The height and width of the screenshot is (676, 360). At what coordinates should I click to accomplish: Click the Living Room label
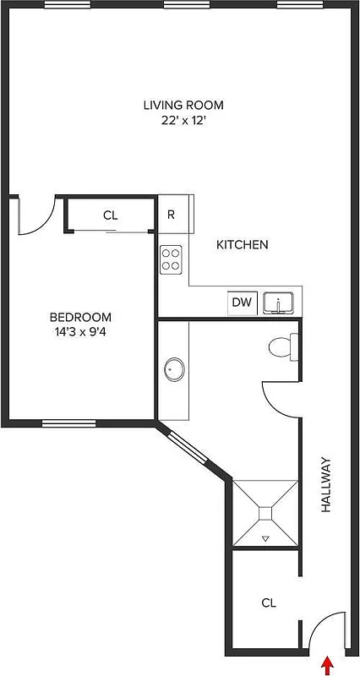pos(183,105)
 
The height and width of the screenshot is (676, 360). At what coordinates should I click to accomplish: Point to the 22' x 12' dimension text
pos(183,120)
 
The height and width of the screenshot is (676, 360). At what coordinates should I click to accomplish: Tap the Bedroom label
pos(77,318)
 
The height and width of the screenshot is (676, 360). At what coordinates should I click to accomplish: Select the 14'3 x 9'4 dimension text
pos(77,332)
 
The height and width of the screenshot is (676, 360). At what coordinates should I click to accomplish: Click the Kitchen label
pos(243,245)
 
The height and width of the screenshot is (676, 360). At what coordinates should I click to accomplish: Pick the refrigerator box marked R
pos(171,215)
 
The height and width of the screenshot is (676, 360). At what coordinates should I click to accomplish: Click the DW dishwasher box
pos(241,303)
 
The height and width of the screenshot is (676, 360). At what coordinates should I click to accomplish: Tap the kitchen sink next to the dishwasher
pos(278,303)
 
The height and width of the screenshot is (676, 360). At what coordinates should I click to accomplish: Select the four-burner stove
pos(172,259)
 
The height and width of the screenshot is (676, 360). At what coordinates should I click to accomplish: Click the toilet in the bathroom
pos(281,346)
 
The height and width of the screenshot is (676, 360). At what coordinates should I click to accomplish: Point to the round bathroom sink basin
pos(175,368)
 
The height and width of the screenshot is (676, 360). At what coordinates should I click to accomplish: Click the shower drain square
pos(265,512)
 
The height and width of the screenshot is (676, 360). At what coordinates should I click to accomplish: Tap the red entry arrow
pos(327,665)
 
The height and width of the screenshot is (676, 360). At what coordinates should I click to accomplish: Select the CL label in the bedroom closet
pos(110,215)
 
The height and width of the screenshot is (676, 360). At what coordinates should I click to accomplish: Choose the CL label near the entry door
pos(269,602)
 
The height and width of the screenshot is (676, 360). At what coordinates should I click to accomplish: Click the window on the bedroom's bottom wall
pos(68,422)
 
